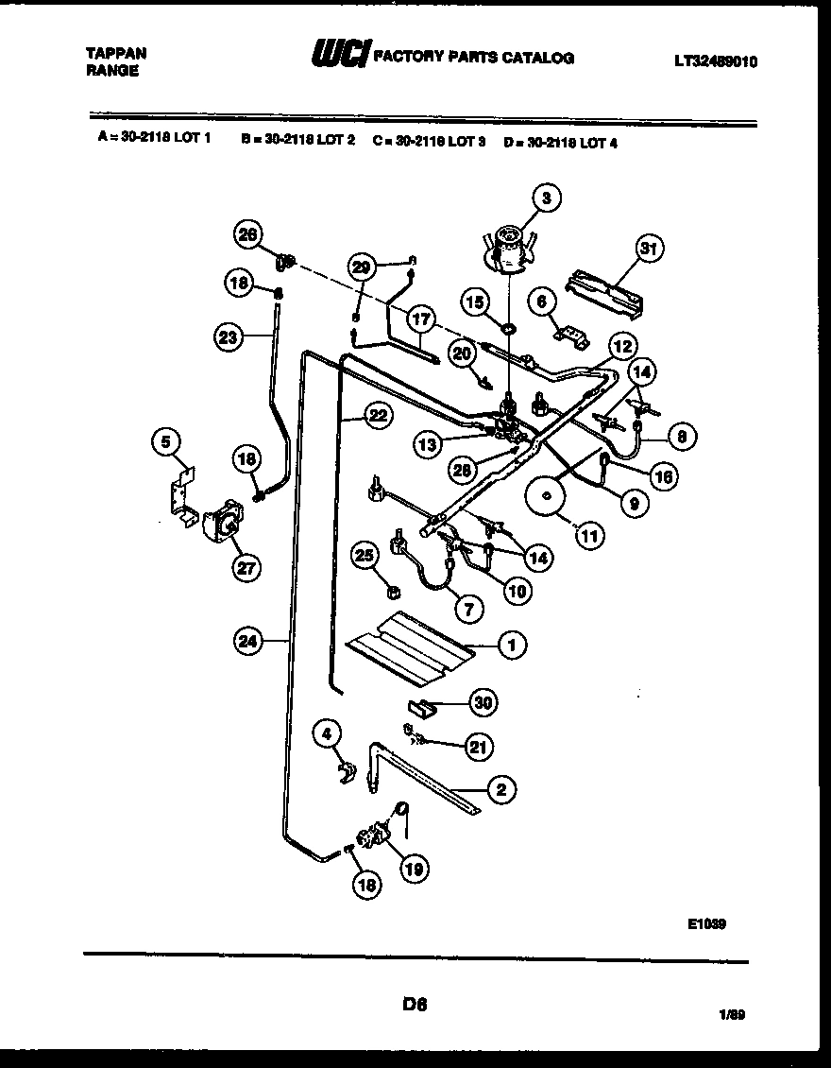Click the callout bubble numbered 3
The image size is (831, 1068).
(546, 198)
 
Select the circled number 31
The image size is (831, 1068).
(647, 250)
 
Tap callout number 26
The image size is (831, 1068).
(247, 236)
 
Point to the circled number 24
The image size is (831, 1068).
(248, 641)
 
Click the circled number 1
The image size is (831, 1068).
(511, 646)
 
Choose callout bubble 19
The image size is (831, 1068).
(413, 867)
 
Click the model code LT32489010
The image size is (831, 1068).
(715, 61)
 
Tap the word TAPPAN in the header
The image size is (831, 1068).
(116, 54)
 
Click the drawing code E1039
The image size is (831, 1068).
(706, 925)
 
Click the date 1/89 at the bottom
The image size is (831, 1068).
(731, 1016)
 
